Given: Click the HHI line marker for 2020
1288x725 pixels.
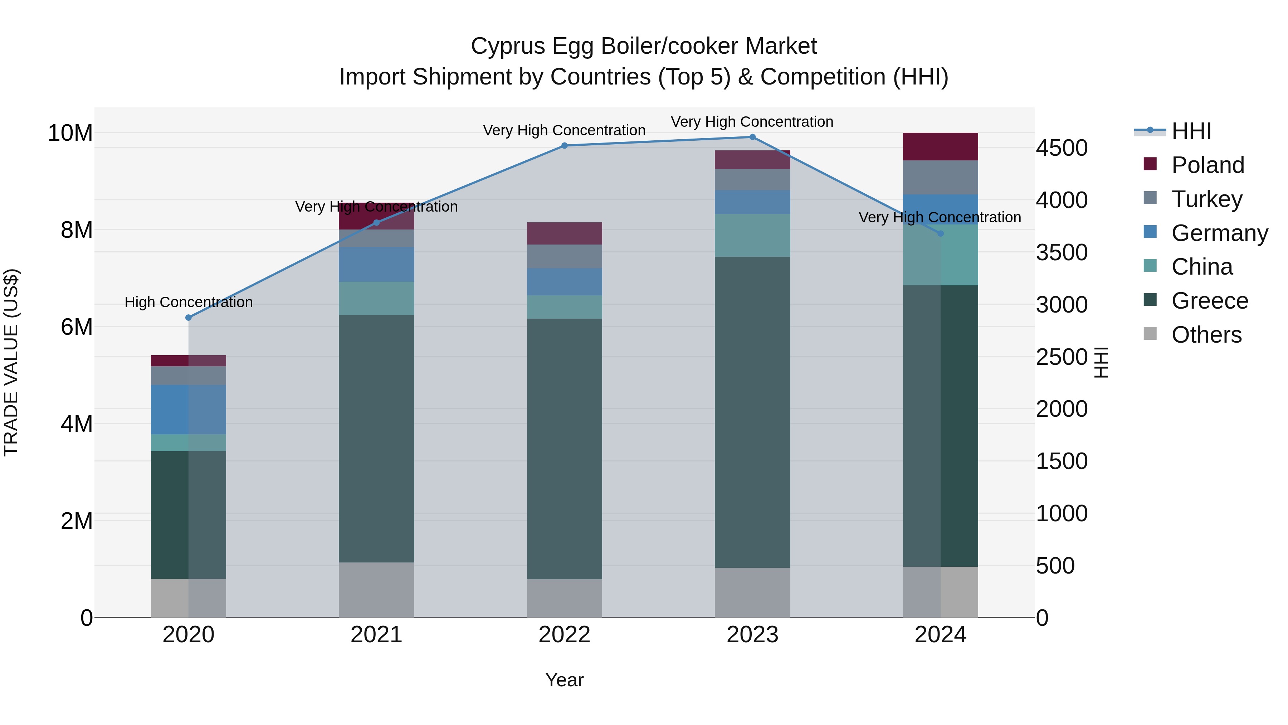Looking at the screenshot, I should pos(189,318).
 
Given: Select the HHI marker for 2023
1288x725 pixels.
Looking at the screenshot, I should pos(752,137).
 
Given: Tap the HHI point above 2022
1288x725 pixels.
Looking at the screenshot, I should pos(565,146).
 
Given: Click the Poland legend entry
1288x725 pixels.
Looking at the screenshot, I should pos(1207,165).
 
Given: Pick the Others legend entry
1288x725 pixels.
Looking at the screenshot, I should pos(1206,335).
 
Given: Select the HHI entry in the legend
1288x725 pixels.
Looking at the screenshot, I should pos(1191,131).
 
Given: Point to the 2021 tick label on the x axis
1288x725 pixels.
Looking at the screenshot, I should pos(376,635).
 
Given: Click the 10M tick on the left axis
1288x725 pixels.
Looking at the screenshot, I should pos(70,133).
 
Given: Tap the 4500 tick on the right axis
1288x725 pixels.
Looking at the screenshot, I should pos(1062,148).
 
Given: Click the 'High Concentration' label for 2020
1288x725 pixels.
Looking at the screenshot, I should pos(189,302).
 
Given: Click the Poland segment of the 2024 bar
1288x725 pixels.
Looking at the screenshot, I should pos(941,146).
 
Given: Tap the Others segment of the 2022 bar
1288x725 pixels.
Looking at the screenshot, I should pos(565,598).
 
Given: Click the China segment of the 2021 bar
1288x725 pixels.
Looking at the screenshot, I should pos(376,298).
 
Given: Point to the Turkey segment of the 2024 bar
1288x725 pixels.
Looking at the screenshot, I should pos(941,177).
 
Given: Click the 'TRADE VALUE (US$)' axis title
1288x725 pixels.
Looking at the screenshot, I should pos(11,362).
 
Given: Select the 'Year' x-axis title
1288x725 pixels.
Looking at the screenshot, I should pos(565,680).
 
